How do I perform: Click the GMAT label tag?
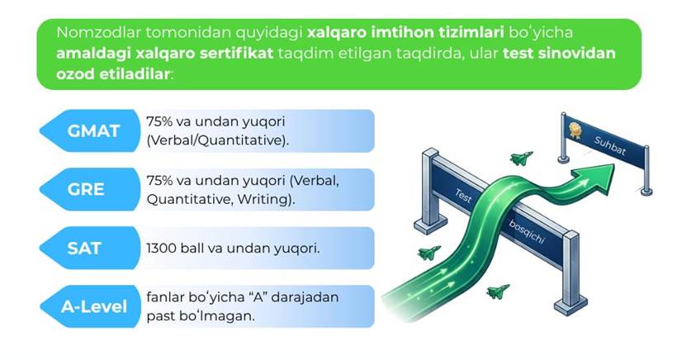click(90, 130)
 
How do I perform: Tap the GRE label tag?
click(90, 190)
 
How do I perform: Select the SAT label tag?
click(90, 249)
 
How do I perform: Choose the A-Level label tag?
click(90, 306)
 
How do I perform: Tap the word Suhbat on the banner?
click(609, 145)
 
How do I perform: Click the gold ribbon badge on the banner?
click(575, 130)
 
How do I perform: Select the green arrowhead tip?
click(613, 166)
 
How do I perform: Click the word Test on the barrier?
click(463, 196)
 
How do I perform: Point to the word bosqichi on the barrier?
click(526, 232)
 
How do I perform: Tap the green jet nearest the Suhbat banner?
click(521, 158)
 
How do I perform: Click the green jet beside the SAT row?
click(428, 252)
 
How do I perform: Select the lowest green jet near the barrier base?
click(498, 291)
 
